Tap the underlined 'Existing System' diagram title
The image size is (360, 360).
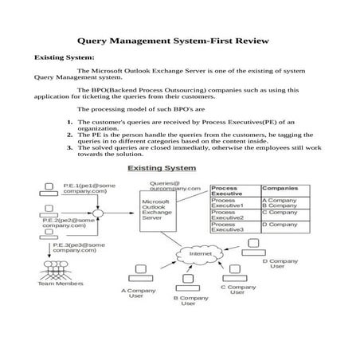(x=162, y=169)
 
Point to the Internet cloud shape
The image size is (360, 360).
(x=195, y=254)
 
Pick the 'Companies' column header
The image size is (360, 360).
(x=280, y=188)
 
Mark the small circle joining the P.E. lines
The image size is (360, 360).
(x=97, y=213)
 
